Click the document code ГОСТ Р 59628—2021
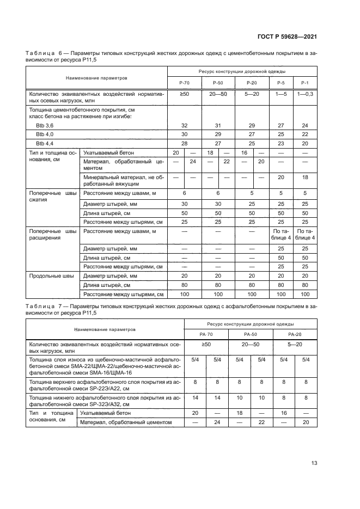pos(288,37)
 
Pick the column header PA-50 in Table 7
pos(251,334)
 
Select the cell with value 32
pos(184,125)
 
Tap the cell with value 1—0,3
pos(304,95)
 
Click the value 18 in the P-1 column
pos(304,177)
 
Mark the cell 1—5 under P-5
pos(281,95)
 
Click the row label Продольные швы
pos(50,276)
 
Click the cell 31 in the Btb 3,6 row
pos(218,125)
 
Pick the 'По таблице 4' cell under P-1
pos(304,235)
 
